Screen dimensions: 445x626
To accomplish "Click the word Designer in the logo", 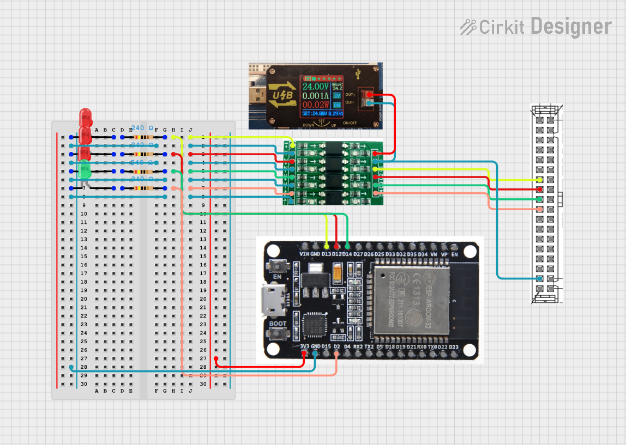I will pos(570,26).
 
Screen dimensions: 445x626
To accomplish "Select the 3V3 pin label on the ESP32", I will pos(304,346).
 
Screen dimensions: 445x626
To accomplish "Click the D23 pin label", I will pos(454,346).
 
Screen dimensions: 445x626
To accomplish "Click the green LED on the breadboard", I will pos(85,169).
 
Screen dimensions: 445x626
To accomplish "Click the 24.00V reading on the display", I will pos(315,86).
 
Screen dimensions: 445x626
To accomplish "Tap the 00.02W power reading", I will pos(315,104).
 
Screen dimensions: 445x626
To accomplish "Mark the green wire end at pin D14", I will pos(347,246).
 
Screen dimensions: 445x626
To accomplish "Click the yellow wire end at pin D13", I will pos(326,246).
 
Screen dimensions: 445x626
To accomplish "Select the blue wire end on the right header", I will pos(539,278).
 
